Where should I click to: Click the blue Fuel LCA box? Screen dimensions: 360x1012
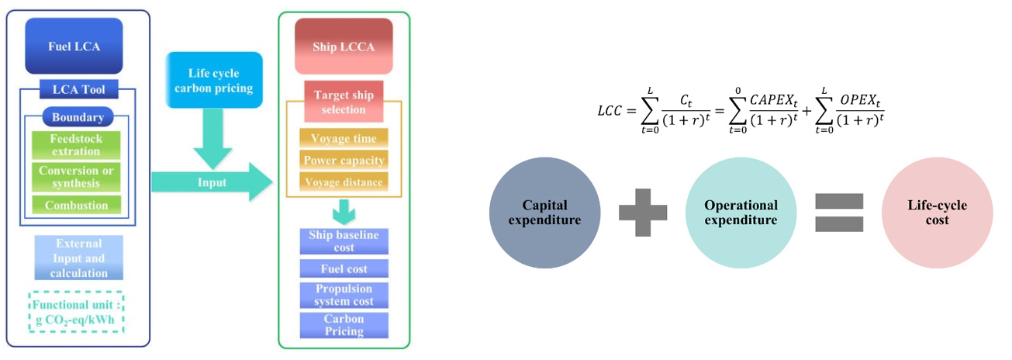pyautogui.click(x=74, y=46)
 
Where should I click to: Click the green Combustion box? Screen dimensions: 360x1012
pyautogui.click(x=77, y=205)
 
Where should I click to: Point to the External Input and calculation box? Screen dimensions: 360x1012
pyautogui.click(x=78, y=257)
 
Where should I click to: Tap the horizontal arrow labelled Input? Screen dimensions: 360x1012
pyautogui.click(x=211, y=183)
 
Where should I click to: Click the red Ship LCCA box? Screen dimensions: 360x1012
pyautogui.click(x=344, y=46)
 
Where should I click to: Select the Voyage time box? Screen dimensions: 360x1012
pyautogui.click(x=344, y=139)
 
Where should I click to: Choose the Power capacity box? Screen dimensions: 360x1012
pyautogui.click(x=344, y=161)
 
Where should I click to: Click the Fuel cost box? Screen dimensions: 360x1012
pyautogui.click(x=344, y=268)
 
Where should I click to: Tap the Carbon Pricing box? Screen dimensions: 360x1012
pyautogui.click(x=344, y=325)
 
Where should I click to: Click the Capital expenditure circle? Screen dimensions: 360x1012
pyautogui.click(x=545, y=212)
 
